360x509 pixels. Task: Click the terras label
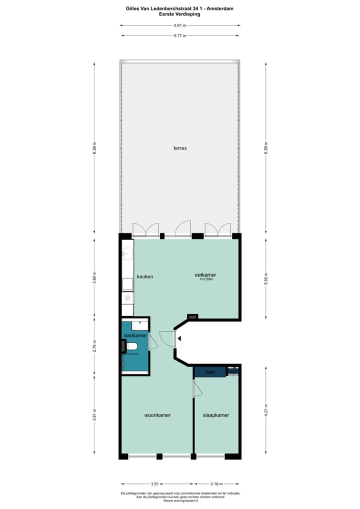180,148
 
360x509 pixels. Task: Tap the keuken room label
144,276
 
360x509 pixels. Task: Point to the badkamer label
135,336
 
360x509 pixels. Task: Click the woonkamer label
157,415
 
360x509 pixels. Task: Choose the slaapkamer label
216,415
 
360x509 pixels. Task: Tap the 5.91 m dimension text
179,25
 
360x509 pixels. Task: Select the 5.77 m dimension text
179,36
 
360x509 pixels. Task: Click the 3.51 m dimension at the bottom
157,484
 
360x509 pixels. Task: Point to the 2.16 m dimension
216,484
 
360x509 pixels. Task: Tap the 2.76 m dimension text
94,345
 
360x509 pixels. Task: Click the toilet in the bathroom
131,346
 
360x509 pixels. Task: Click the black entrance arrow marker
179,339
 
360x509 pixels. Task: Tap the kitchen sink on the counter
126,253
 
